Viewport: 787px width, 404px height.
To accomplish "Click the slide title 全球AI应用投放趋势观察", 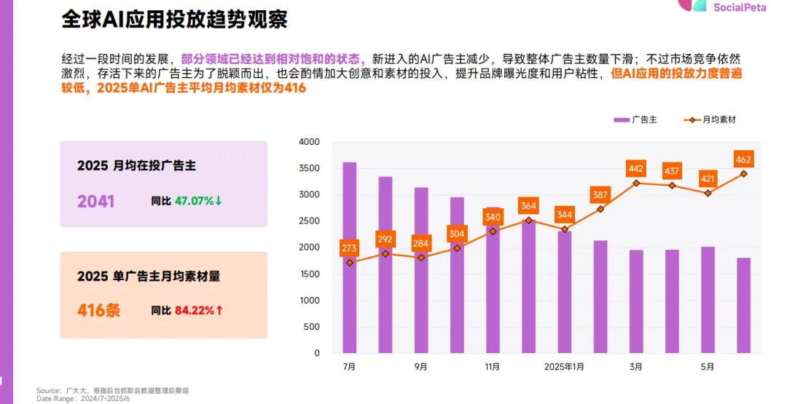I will coord(174,20).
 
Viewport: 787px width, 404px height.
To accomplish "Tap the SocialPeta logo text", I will coord(739,7).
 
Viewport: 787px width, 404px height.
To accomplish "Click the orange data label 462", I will coord(743,159).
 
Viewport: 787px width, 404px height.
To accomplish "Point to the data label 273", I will coord(350,248).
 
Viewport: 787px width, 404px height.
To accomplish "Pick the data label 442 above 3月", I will coord(636,169).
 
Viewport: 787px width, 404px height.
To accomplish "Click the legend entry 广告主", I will coord(635,119).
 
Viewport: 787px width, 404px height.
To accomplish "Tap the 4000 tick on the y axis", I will coord(309,142).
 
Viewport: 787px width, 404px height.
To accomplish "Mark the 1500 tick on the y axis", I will coord(309,274).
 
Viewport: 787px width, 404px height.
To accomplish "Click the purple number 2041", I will coord(96,202).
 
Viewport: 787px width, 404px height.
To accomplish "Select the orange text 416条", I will coord(99,311).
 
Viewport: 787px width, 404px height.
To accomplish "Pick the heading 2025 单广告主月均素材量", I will coord(149,277).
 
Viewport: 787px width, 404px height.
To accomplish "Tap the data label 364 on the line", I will coord(528,206).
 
